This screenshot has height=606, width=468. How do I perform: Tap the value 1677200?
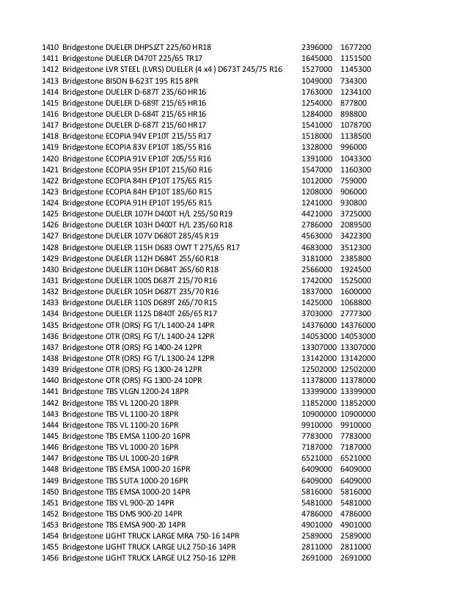pos(356,46)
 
